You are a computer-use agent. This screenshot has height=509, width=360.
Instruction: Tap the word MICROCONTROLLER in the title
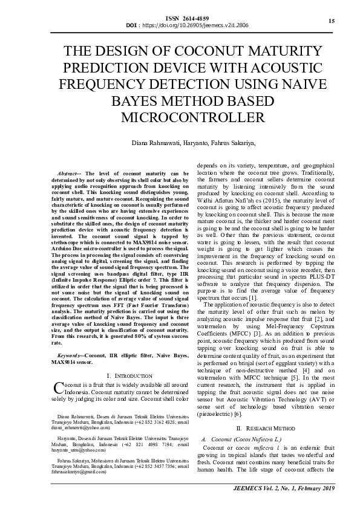(180, 117)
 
